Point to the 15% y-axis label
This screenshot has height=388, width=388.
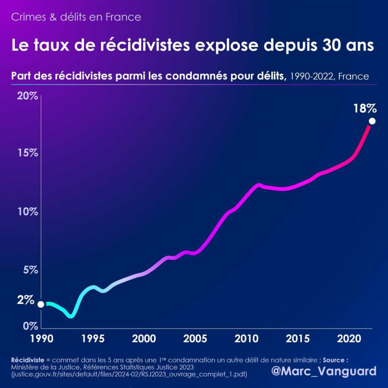[x=28, y=153]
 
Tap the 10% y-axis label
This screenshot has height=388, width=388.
[x=28, y=211]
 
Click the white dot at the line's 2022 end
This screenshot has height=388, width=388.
[x=372, y=121]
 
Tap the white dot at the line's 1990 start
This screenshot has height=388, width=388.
[x=41, y=304]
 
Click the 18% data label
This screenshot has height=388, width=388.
[x=365, y=109]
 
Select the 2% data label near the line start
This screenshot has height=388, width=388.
[x=26, y=300]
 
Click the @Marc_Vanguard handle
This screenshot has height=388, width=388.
[x=324, y=371]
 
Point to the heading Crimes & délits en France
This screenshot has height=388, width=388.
[x=76, y=17]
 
